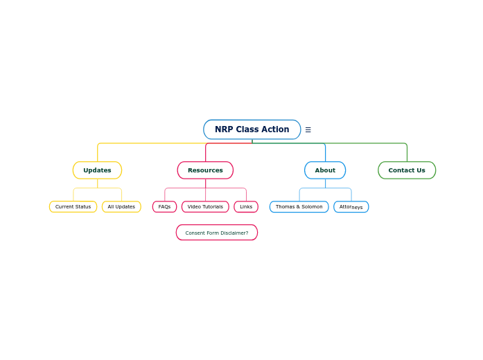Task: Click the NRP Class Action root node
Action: point(252,129)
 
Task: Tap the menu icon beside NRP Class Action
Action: point(308,129)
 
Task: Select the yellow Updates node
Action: point(97,170)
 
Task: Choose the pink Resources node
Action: point(205,170)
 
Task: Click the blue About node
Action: point(325,170)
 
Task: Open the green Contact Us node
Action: point(407,170)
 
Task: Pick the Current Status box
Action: point(73,207)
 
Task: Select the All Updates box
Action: point(121,207)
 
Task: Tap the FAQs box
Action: point(164,207)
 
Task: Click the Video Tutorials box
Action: point(205,207)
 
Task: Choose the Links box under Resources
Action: point(246,207)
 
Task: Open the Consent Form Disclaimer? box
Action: point(216,233)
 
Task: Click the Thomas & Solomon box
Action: point(299,207)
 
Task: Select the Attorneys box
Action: point(351,207)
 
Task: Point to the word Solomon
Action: point(311,207)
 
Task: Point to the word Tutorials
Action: point(213,207)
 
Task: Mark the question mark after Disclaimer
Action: point(247,233)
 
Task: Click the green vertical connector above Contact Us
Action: point(407,153)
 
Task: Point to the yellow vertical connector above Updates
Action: point(98,153)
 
